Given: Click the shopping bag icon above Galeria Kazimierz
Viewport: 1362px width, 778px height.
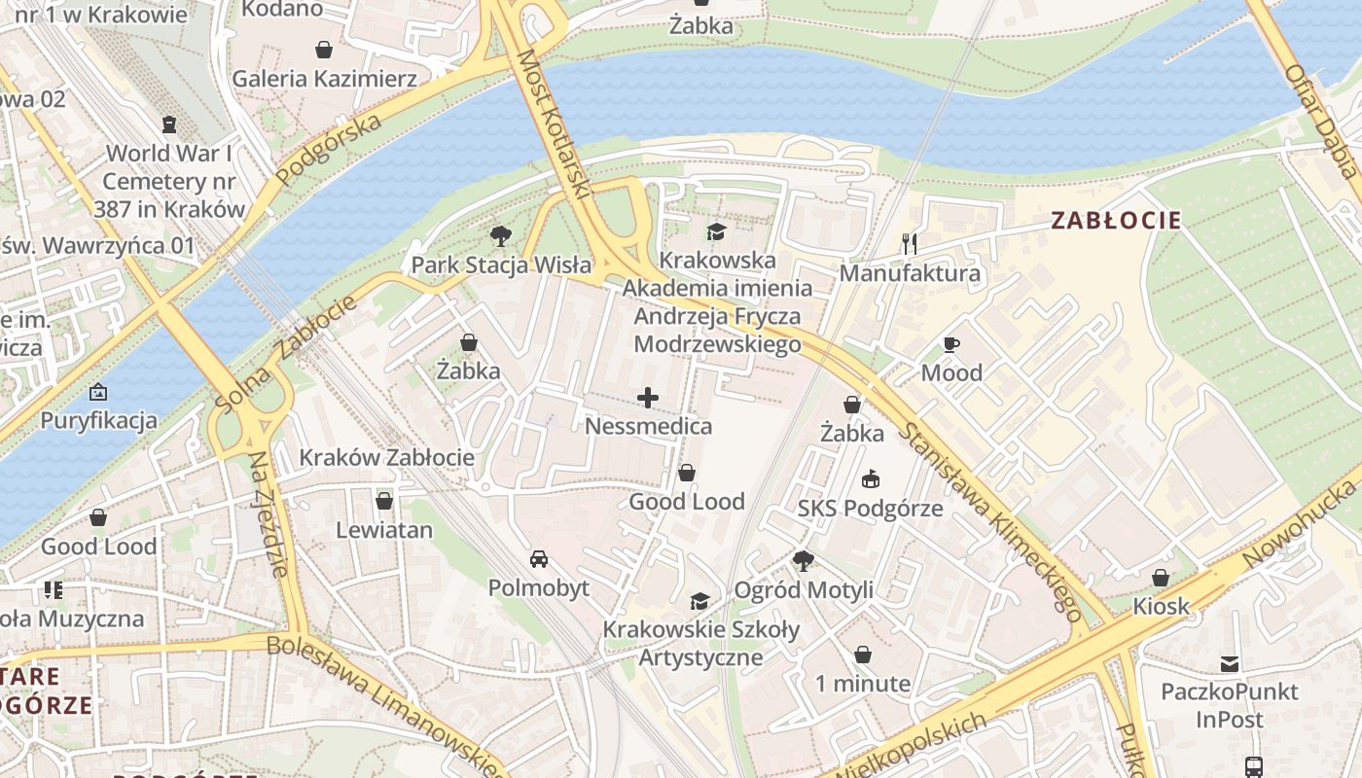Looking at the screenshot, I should (323, 49).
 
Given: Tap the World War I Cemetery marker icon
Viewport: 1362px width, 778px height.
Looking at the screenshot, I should (169, 124).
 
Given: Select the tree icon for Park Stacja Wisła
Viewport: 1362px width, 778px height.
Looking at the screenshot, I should (501, 235).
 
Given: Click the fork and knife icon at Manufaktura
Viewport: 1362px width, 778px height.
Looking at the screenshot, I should (910, 243).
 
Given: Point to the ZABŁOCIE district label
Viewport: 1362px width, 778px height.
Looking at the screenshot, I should (1116, 221).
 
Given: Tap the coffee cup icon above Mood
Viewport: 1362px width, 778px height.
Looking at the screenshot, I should (951, 344).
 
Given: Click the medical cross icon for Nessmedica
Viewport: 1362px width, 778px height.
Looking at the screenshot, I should (648, 397).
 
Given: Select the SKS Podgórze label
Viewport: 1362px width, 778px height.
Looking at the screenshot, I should (870, 509).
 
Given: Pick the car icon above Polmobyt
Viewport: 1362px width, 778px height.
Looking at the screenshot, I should (538, 559).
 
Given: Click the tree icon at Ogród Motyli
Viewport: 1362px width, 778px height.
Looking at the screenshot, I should (803, 560).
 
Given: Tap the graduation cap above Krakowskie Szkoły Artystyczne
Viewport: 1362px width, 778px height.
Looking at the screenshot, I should (700, 601).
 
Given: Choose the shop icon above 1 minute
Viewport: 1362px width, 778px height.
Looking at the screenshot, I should (862, 654).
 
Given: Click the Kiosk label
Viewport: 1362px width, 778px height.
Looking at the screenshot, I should (1161, 607).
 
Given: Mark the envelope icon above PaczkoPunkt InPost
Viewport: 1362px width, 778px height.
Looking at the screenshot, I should (1230, 664).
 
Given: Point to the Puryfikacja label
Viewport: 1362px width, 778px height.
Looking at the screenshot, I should (98, 421).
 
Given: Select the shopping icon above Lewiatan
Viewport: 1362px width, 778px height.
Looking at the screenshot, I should (384, 501).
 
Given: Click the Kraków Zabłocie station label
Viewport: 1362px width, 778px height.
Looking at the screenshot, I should (386, 457).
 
